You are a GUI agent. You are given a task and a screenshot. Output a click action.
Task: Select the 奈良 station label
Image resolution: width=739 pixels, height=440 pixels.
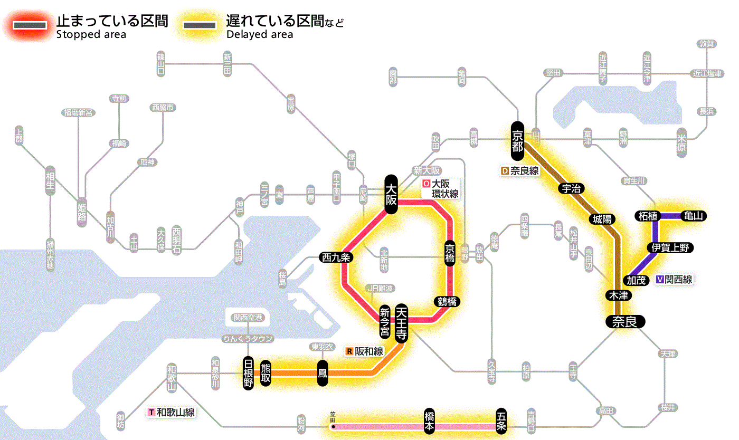pos(624,321)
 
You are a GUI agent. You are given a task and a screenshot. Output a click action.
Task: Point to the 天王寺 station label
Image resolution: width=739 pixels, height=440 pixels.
pos(401,322)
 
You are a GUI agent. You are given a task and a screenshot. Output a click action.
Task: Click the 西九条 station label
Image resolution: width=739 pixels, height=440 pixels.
pos(336,257)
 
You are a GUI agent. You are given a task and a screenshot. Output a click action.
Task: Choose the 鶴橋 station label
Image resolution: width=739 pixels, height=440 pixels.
pos(447,302)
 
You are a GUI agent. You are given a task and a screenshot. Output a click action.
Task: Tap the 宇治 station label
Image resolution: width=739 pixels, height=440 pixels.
pos(572,188)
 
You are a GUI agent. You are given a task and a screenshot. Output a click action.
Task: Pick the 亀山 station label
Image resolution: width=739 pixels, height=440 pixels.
pos(694,216)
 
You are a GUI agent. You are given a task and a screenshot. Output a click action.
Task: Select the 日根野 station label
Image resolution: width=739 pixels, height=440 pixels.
pos(248,373)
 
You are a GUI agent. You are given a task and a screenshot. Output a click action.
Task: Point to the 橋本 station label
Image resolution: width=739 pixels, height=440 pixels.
pos(430,421)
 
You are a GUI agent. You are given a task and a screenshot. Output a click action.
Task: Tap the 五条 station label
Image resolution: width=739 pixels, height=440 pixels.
pos(501,421)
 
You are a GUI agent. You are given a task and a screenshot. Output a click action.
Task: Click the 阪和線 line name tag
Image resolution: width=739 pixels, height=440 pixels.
pos(365,351)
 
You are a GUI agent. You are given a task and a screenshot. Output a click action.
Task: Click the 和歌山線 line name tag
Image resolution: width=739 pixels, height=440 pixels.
pos(172,412)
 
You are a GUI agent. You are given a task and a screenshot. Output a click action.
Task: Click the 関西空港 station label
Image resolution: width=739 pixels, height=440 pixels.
pos(248,318)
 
